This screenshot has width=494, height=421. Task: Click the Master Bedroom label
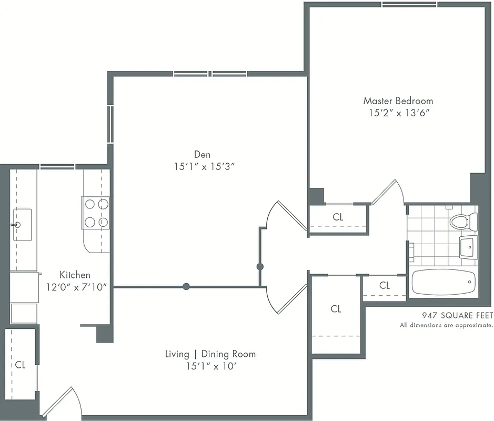[x=398, y=101]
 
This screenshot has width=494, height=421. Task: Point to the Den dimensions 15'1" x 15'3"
[x=203, y=167]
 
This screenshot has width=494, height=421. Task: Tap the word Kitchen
[x=75, y=275]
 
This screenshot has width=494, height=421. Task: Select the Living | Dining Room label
[x=210, y=354]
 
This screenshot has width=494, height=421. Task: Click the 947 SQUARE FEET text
[x=458, y=316]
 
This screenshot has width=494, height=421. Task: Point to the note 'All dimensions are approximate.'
[x=446, y=325]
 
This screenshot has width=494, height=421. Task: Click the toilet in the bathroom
[x=463, y=220]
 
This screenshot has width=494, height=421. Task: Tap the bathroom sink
[x=468, y=247]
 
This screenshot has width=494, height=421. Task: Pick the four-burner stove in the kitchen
[x=96, y=213]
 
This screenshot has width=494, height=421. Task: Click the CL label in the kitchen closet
[x=20, y=364]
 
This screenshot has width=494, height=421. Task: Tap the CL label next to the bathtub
[x=385, y=285]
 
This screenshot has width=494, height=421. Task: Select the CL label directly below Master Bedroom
[x=338, y=217]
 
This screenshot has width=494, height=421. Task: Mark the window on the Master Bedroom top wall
[x=409, y=5]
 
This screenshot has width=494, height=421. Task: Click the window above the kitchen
[x=57, y=167]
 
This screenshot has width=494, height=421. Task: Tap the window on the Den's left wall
[x=110, y=124]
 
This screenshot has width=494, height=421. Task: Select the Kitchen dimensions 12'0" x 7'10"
[x=76, y=287]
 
